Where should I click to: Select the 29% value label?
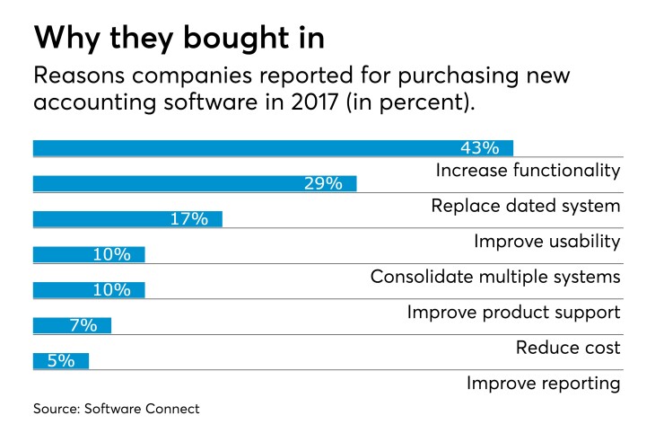(x=322, y=183)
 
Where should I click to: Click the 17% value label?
(x=188, y=218)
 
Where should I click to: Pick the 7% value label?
(x=83, y=325)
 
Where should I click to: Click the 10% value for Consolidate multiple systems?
(x=111, y=254)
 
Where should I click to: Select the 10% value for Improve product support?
(x=111, y=289)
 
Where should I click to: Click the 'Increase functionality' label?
(x=528, y=170)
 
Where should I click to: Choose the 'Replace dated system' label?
(x=525, y=206)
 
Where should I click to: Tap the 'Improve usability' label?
(x=546, y=241)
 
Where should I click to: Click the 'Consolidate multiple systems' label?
(x=495, y=277)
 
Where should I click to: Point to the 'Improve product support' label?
(x=513, y=312)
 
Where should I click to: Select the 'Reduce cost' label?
(x=568, y=348)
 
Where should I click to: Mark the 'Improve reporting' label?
(x=543, y=384)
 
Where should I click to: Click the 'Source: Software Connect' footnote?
(x=117, y=409)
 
